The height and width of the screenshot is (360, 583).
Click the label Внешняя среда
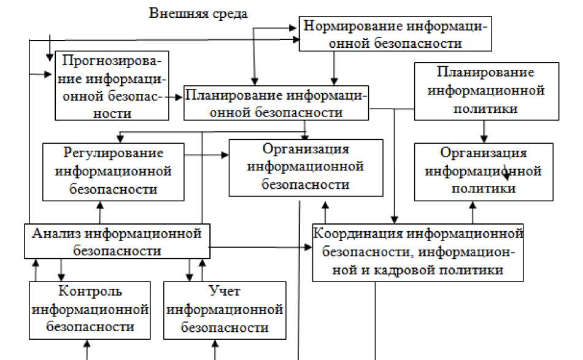pyautogui.click(x=198, y=13)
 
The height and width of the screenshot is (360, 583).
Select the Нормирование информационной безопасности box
pyautogui.click(x=396, y=34)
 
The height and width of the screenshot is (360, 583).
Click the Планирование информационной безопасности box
pyautogui.click(x=276, y=103)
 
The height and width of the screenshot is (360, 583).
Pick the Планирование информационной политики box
pyautogui.click(x=487, y=91)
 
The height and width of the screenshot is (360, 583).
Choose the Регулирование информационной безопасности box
pyautogui.click(x=114, y=171)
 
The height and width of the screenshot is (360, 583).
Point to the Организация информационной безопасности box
pyautogui.click(x=305, y=167)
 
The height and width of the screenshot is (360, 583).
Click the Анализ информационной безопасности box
pyautogui.click(x=117, y=241)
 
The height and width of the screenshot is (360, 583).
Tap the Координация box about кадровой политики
pyautogui.click(x=418, y=252)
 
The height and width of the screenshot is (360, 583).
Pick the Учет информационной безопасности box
pyautogui.click(x=225, y=310)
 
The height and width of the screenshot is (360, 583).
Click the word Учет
pyautogui.click(x=225, y=291)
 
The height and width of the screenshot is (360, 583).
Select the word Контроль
pyautogui.click(x=90, y=291)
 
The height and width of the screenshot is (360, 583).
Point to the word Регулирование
pyautogui.click(x=114, y=153)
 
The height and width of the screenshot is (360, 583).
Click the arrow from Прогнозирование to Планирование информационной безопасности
pyautogui.click(x=176, y=96)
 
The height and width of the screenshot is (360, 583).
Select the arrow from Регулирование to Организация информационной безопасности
pyautogui.click(x=207, y=156)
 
